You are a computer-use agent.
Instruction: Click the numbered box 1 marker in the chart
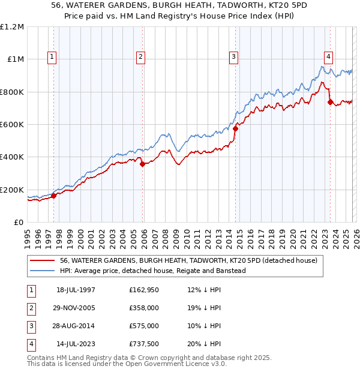click(x=52, y=57)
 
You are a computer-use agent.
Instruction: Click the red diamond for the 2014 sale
click(x=235, y=128)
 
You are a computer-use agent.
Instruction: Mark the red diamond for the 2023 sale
click(x=330, y=102)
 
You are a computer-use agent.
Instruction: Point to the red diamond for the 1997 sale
click(x=53, y=195)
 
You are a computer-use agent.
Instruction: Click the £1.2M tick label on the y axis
click(x=12, y=27)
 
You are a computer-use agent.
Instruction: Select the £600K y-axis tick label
click(x=12, y=125)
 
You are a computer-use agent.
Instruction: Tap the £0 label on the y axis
click(x=19, y=222)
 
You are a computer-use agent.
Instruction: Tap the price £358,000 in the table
click(x=143, y=308)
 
